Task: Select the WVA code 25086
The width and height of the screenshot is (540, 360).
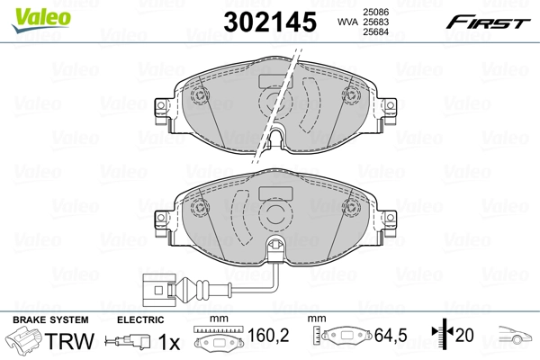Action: (x=376, y=11)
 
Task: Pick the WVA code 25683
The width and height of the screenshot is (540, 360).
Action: (x=376, y=22)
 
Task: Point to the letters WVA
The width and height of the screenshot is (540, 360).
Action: (x=346, y=22)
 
